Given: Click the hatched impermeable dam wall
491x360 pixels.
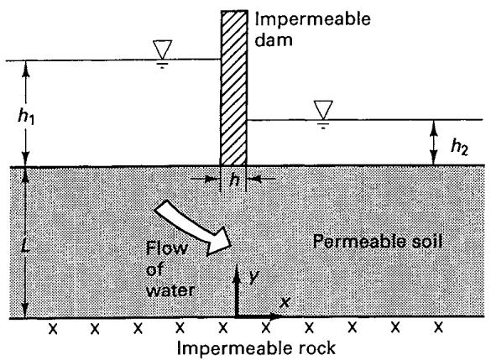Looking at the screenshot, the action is [x=234, y=88].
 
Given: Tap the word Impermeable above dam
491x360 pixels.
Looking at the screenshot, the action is [x=313, y=20].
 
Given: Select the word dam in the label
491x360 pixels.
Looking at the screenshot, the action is [x=274, y=39].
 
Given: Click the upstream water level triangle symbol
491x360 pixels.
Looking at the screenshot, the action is [x=163, y=50].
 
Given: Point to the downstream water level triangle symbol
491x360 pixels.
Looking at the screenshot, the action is [x=323, y=110].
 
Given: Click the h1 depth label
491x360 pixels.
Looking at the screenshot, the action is [x=26, y=117].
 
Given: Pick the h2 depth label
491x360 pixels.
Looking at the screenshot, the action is [x=459, y=147].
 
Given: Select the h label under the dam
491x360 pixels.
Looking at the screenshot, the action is [x=234, y=180].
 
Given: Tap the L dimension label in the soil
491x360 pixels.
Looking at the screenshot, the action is [x=26, y=246].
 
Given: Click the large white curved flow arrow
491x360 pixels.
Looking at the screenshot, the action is [x=192, y=227].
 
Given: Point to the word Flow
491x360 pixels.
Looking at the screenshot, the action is [x=166, y=248].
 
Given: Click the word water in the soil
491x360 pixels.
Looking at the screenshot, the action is [x=170, y=290].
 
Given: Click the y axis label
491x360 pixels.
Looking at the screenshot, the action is [x=253, y=276].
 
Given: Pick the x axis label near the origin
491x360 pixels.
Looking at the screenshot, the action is [x=285, y=302].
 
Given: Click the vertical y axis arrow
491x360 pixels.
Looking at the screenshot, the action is [x=237, y=290].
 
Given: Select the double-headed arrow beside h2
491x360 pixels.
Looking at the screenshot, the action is [x=433, y=143].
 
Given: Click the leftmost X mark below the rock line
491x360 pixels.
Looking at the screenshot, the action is [x=53, y=328].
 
